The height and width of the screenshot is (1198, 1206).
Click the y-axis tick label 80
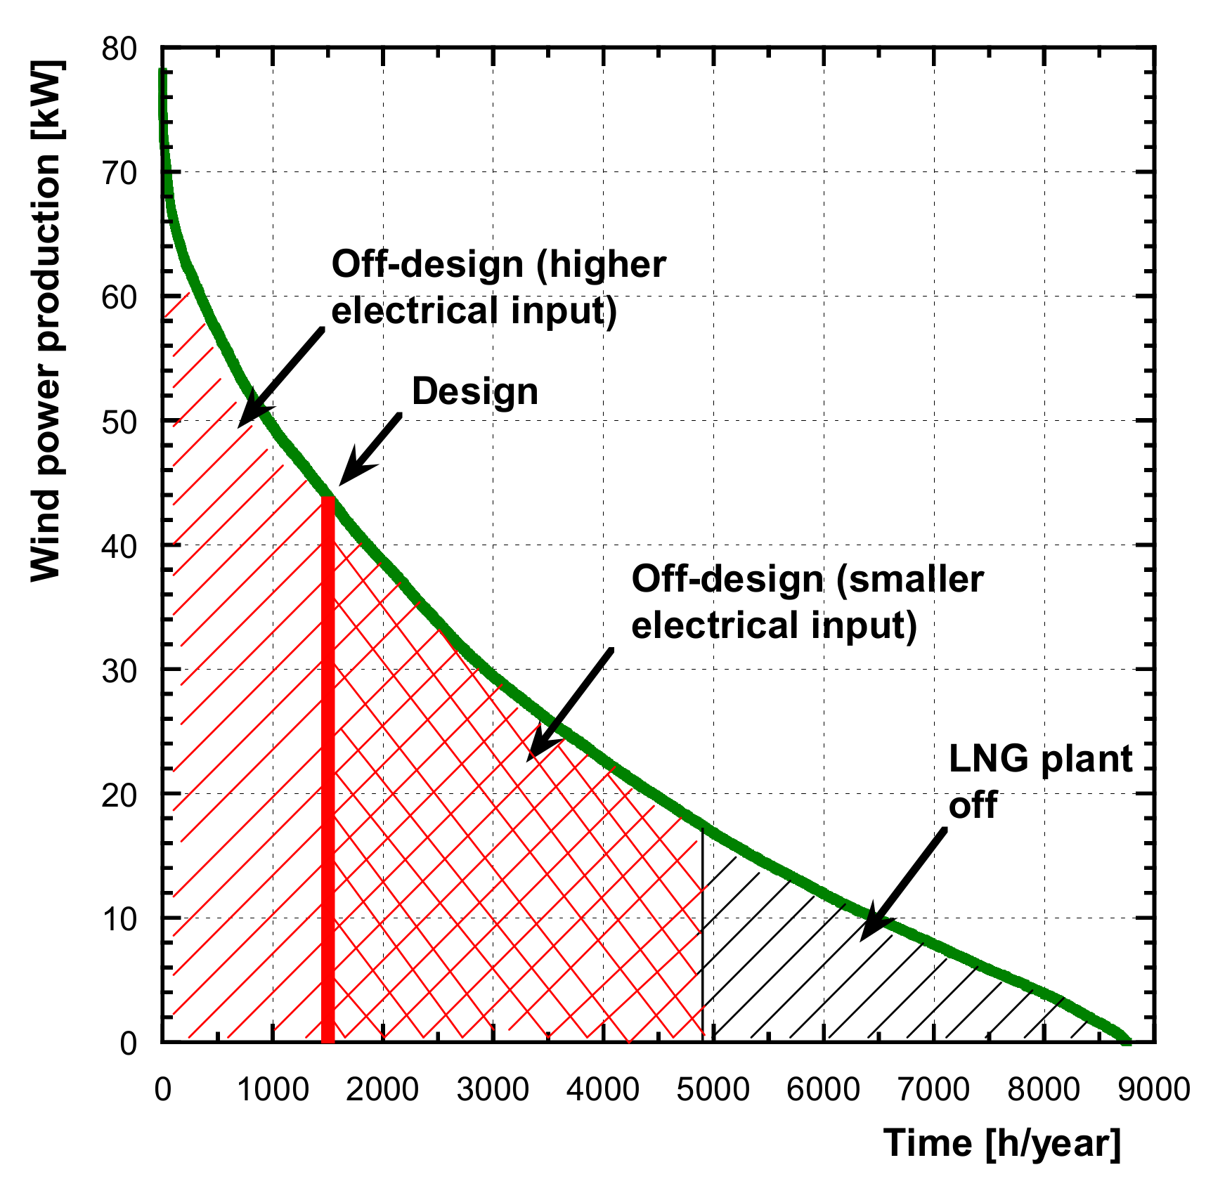(119, 49)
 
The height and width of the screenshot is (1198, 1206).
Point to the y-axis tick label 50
(119, 422)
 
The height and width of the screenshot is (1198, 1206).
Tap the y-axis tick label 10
(119, 919)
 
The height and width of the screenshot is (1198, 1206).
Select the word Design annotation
(475, 391)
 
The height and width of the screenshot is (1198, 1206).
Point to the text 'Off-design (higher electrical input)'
(498, 288)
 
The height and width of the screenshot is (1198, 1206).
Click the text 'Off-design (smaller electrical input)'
(807, 602)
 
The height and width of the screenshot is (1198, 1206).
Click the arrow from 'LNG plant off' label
(903, 885)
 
